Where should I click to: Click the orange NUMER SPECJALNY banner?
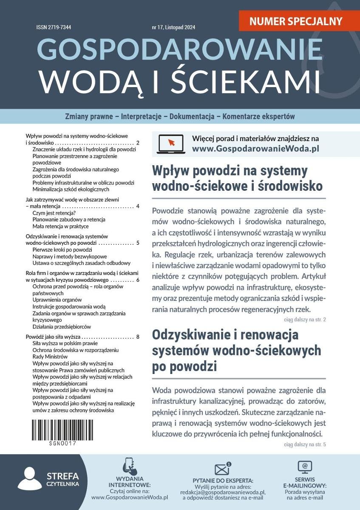(x=296, y=20)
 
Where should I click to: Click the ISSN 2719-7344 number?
(x=54, y=28)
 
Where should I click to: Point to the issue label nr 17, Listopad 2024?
(x=173, y=28)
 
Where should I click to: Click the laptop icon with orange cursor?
(x=170, y=144)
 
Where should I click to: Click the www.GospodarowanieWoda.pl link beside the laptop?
(x=255, y=149)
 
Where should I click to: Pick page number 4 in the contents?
(x=138, y=206)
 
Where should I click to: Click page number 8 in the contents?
(x=138, y=337)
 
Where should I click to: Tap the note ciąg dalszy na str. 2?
(x=304, y=319)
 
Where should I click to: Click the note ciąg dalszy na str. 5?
(x=304, y=445)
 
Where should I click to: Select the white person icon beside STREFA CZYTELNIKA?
(x=29, y=479)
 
